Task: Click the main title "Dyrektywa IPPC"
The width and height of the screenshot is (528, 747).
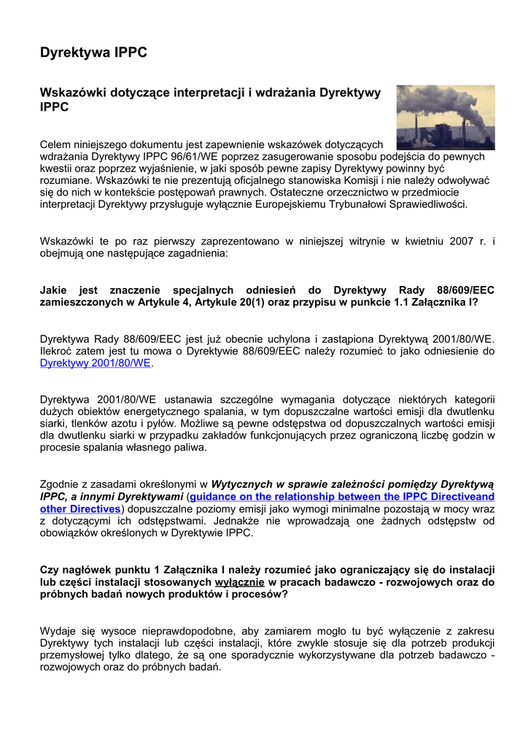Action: pos(93,53)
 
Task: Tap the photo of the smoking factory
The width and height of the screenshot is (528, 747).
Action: pos(445,117)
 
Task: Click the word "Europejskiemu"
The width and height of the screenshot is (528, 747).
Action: pos(290,204)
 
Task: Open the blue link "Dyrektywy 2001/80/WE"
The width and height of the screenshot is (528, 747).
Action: pos(95,363)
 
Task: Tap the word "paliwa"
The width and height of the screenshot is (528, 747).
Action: pos(189,448)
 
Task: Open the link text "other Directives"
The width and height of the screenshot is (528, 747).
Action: pos(80,508)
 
